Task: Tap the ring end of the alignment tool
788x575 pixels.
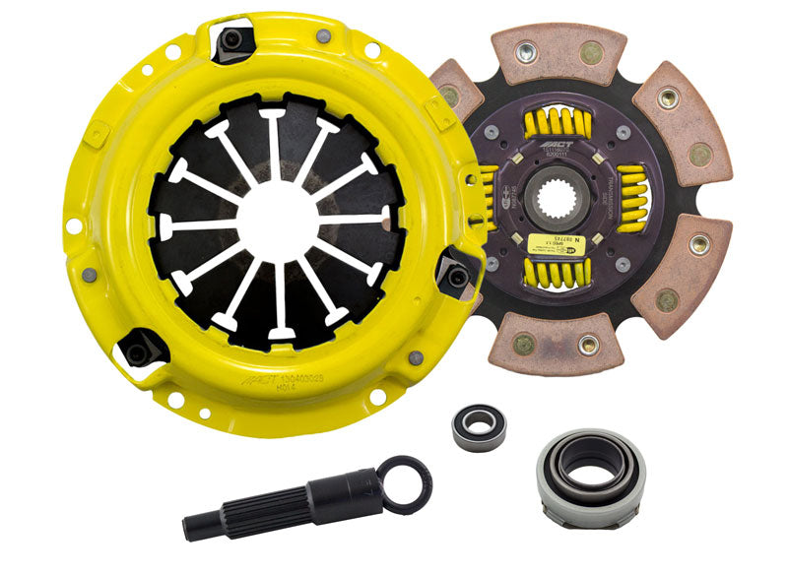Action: coord(405,484)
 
